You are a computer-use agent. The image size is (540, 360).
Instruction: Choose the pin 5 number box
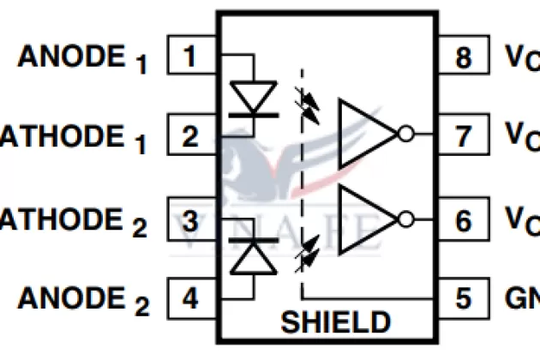pos(463,298)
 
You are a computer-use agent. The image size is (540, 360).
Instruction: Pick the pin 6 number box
pos(463,220)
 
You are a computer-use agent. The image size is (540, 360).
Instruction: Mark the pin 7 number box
pos(463,135)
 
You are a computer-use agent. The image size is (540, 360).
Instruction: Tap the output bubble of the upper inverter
pos(406,134)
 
